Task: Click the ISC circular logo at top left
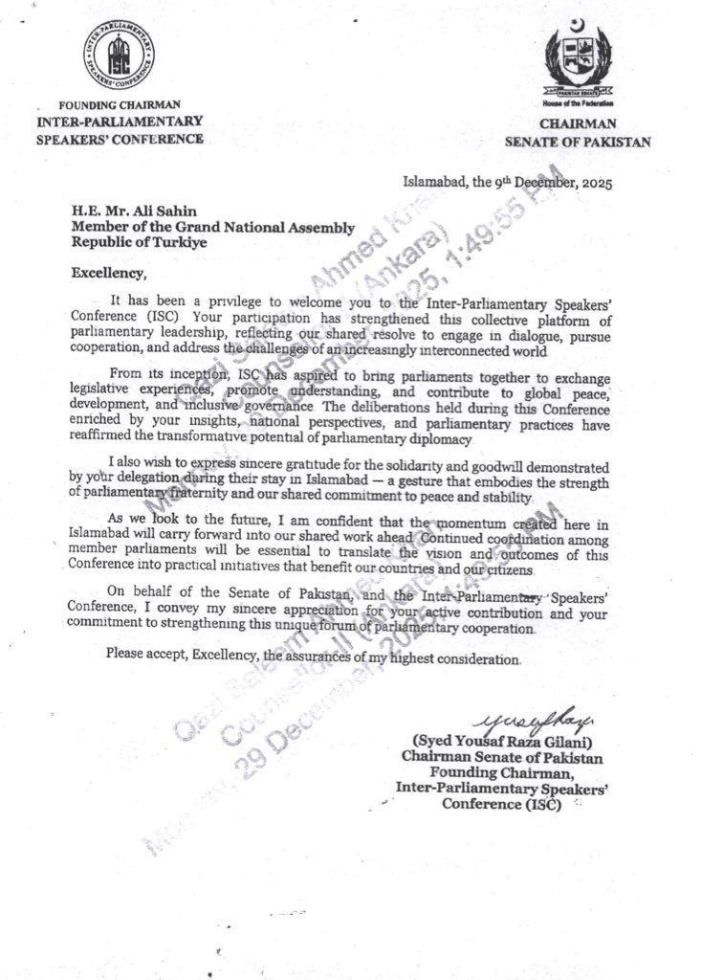[x=120, y=55]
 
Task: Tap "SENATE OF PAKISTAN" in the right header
[x=578, y=142]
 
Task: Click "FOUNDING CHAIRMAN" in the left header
[x=120, y=104]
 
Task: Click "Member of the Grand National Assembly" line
[x=214, y=227]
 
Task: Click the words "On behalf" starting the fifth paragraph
[x=138, y=591]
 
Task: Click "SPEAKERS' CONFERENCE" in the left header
[x=120, y=138]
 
